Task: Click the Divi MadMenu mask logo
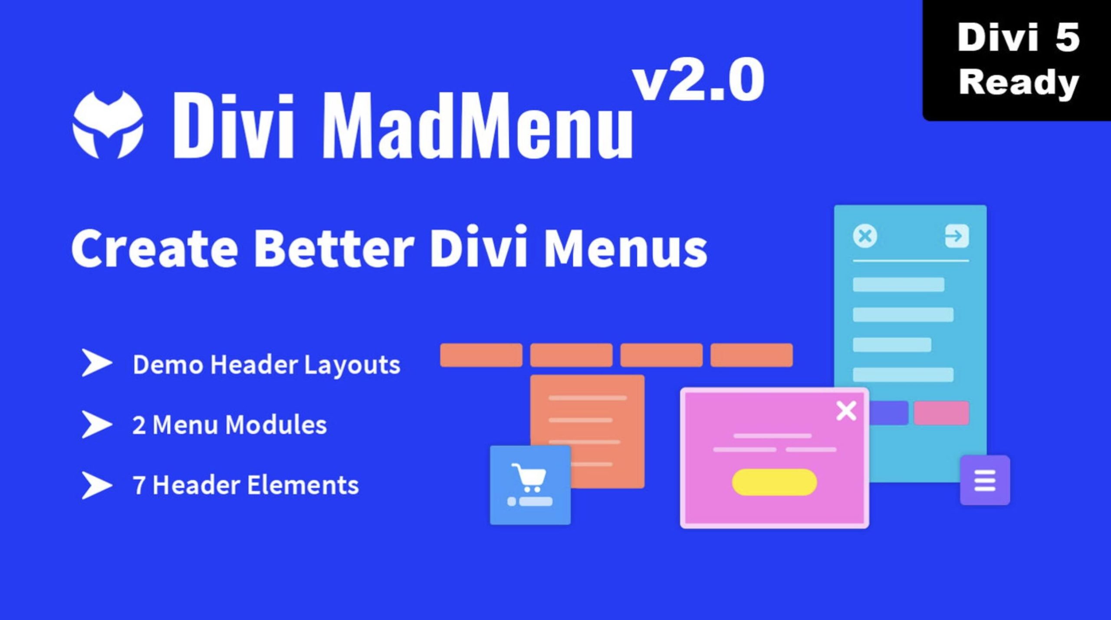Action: coord(108,125)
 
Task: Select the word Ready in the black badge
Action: coord(1019,82)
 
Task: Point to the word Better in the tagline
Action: coord(333,247)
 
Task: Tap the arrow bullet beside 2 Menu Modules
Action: coord(96,424)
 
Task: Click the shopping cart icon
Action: coord(529,478)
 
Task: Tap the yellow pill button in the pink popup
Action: coord(774,482)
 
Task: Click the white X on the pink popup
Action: coord(846,411)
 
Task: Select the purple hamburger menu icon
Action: coord(985,481)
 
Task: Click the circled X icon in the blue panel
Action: coord(865,236)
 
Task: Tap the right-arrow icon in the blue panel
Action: coord(957,236)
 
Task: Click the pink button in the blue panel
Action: coord(941,413)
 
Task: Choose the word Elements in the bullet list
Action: coord(303,485)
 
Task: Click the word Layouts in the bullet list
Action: coord(352,365)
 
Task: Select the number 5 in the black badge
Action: coord(1067,38)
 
